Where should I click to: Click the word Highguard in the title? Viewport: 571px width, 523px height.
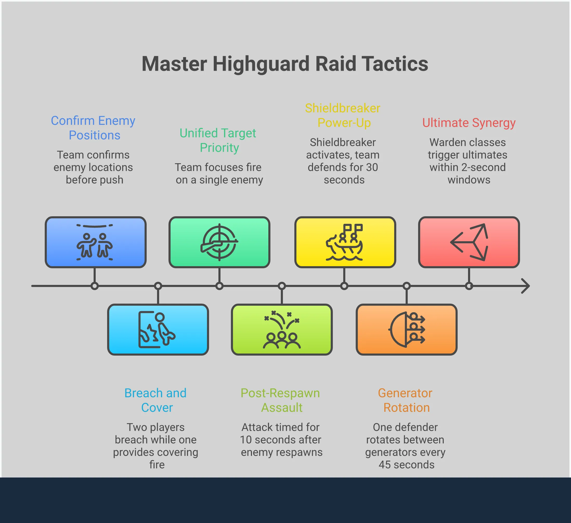click(261, 64)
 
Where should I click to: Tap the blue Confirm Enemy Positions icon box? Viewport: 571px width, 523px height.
click(95, 242)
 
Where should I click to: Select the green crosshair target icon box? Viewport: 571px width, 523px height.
click(219, 242)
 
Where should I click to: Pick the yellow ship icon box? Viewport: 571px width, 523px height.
click(345, 242)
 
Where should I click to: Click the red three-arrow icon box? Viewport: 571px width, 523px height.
click(469, 242)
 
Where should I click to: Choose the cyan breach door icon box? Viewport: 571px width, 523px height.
click(158, 329)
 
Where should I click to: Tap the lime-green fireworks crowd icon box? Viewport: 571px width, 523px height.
click(282, 329)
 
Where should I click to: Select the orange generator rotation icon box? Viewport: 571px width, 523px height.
click(406, 329)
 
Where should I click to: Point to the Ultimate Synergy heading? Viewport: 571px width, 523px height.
click(469, 123)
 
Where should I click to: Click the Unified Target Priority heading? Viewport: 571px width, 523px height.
click(218, 140)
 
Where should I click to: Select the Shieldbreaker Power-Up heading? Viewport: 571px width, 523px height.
click(343, 115)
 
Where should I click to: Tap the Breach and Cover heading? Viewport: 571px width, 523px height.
click(155, 400)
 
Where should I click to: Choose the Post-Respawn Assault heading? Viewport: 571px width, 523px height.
click(280, 400)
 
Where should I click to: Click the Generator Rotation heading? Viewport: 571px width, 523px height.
click(405, 400)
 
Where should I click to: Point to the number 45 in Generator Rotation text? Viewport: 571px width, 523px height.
click(385, 465)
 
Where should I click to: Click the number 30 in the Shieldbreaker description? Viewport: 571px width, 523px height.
click(372, 167)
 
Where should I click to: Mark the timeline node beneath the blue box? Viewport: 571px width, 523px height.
click(95, 286)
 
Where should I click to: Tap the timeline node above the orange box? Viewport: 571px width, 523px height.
click(406, 286)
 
